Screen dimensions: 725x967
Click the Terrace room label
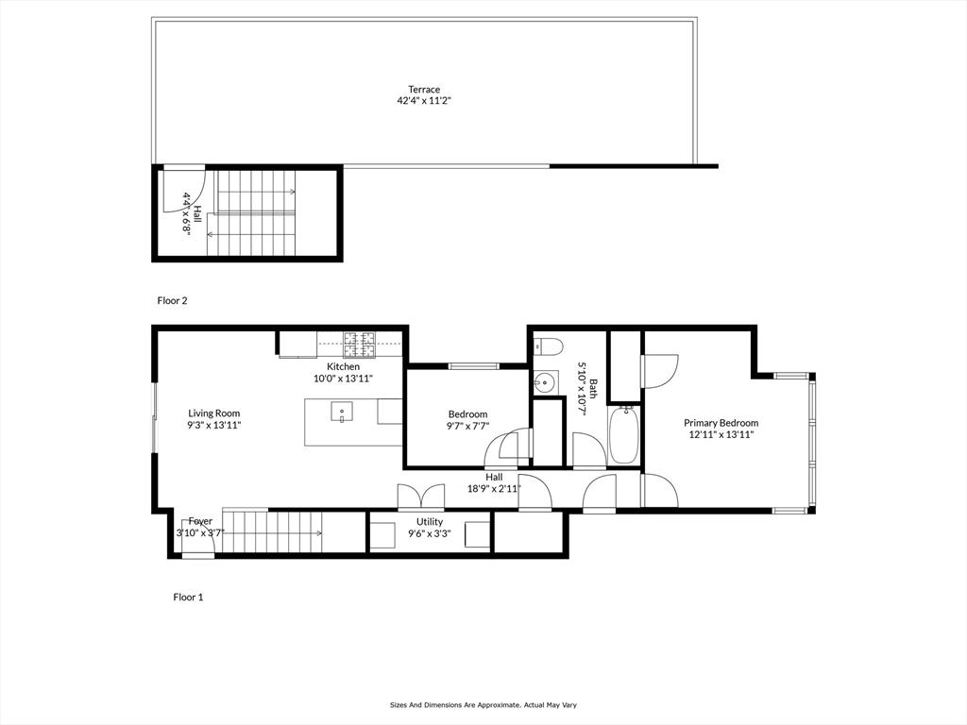coord(424,90)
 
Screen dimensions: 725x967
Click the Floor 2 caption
coord(172,300)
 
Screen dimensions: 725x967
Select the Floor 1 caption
coord(188,597)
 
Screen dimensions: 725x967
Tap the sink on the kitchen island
coord(341,411)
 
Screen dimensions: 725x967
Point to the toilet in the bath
coord(548,345)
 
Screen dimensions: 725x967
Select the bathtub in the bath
coord(623,434)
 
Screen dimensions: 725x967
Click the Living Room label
coord(213,413)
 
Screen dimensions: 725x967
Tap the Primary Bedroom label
coord(721,423)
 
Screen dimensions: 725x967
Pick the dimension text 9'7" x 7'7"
coord(467,426)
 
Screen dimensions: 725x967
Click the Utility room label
coord(430,522)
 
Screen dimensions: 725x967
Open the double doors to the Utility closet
coord(420,497)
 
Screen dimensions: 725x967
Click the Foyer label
coord(199,521)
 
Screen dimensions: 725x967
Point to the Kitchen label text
coord(343,366)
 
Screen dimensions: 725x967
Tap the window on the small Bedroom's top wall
coord(473,365)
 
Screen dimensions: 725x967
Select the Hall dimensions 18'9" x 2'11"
coord(494,488)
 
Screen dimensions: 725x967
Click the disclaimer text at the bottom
coord(483,704)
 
